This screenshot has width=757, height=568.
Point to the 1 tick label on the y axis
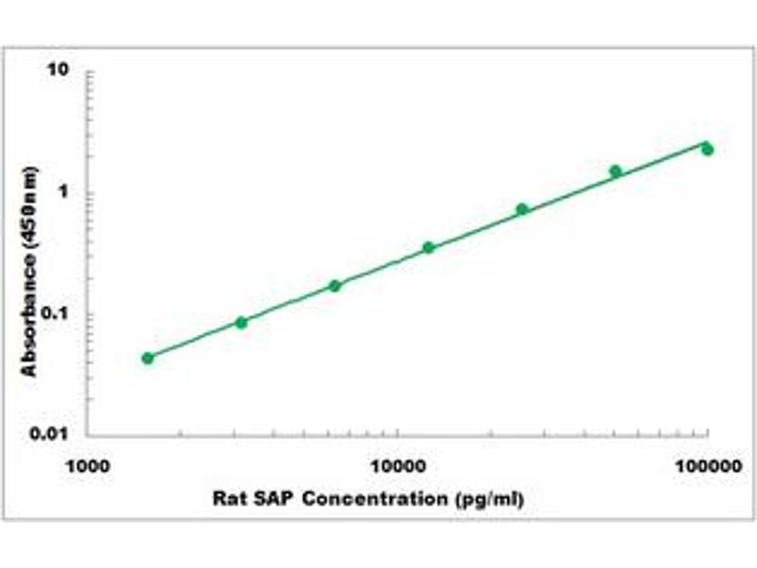click(x=67, y=193)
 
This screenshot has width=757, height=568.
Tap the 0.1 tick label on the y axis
click(x=61, y=314)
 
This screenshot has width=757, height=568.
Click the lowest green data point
click(x=148, y=358)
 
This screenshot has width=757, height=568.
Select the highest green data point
click(x=707, y=150)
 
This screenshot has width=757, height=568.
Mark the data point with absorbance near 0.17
click(x=335, y=285)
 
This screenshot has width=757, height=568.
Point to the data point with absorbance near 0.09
click(x=241, y=323)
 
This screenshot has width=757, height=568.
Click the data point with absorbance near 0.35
click(x=429, y=248)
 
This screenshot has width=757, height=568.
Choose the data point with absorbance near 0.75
click(x=522, y=209)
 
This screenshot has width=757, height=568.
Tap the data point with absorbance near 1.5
click(x=616, y=171)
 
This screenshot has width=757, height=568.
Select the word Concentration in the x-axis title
click(x=383, y=497)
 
